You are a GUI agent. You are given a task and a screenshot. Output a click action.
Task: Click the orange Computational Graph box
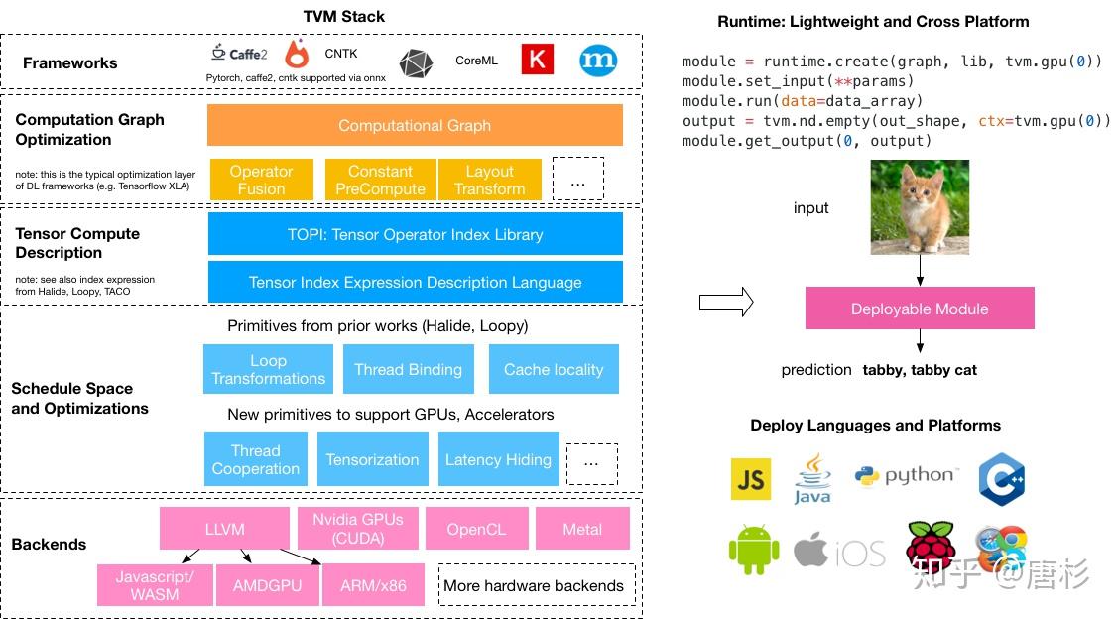[415, 126]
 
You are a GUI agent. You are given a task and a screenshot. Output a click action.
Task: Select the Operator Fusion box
[261, 180]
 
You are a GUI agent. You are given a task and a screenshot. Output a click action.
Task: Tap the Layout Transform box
[490, 180]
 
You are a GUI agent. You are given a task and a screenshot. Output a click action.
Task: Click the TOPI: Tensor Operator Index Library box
[415, 234]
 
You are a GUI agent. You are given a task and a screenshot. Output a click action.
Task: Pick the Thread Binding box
[409, 369]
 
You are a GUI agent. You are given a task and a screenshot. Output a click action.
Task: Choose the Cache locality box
[554, 369]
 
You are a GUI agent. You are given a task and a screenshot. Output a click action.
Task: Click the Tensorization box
[373, 459]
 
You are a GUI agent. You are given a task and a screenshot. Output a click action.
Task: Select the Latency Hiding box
[498, 459]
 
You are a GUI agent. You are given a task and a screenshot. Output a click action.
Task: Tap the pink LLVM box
[224, 529]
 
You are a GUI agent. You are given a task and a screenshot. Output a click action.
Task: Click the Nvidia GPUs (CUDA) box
[358, 529]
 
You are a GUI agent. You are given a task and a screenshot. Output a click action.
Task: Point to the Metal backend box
[582, 529]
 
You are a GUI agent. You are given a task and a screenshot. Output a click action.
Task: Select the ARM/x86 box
[373, 585]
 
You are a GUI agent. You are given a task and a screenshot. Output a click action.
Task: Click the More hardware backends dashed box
[537, 585]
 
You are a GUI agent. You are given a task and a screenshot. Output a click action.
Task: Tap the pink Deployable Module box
[920, 309]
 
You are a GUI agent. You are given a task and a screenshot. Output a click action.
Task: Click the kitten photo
[920, 206]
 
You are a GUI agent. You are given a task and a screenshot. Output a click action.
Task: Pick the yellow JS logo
[751, 478]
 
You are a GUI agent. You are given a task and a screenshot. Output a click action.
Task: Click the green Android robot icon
[754, 550]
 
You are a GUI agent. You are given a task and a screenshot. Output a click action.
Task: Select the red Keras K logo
[538, 60]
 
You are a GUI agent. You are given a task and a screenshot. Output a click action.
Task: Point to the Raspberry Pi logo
[931, 548]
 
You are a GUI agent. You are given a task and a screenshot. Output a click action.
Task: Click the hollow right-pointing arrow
[726, 303]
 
